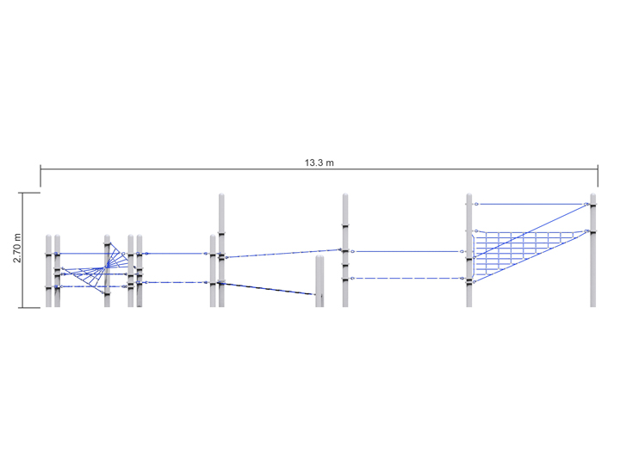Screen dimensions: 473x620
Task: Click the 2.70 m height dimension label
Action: coord(17,249)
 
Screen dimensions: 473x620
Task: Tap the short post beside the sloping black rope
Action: coord(319,280)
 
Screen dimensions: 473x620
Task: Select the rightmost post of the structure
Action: coord(592,249)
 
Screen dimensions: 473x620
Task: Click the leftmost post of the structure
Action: coord(48,271)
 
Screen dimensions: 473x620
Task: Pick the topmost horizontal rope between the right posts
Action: coord(530,204)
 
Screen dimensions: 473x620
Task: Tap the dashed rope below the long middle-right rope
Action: coord(405,278)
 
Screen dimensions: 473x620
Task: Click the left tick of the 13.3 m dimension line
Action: coord(40,175)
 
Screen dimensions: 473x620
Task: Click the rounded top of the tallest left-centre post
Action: coord(221,197)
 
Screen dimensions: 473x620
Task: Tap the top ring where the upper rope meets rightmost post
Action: coord(587,204)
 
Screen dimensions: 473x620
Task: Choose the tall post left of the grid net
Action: coord(469,249)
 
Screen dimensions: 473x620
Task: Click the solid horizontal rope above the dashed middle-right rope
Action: coord(405,251)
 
